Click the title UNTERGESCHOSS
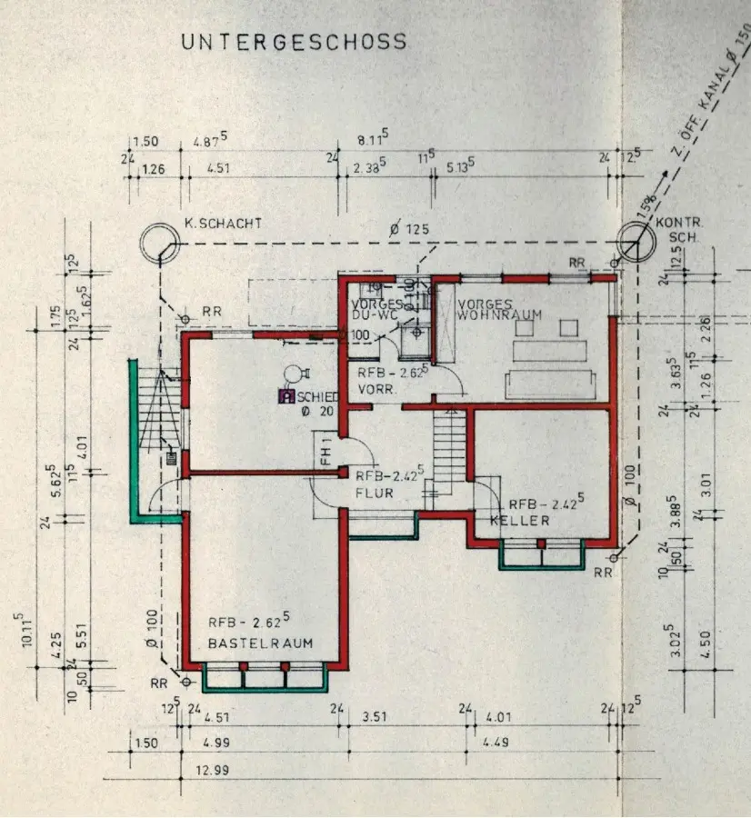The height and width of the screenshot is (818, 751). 293,43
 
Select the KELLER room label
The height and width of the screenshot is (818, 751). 519,521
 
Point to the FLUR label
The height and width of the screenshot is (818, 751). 375,494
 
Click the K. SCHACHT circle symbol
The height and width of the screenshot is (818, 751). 161,244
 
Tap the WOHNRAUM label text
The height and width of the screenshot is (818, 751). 500,315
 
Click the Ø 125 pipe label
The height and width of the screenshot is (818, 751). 408,230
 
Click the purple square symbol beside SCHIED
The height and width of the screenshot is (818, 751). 285,396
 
